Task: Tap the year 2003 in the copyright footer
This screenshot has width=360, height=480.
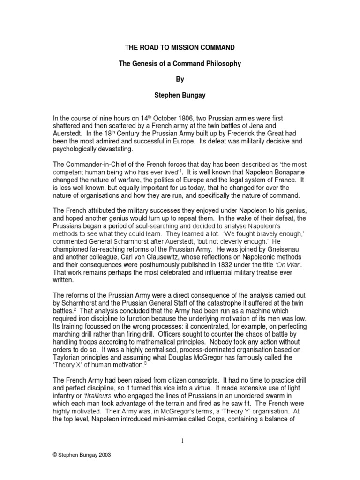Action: coord(105,468)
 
